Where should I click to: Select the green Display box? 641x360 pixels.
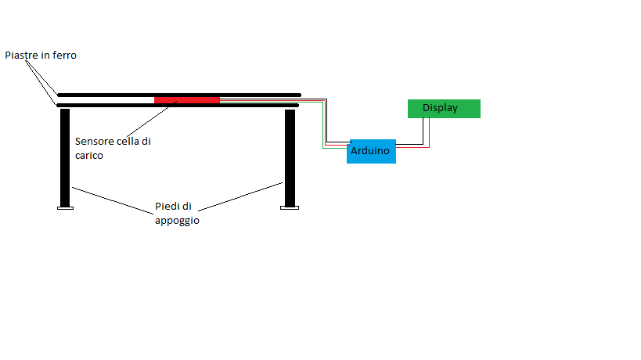click(x=444, y=109)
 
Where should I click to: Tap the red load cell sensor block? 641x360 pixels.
click(x=186, y=99)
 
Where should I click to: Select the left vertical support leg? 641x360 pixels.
click(x=65, y=157)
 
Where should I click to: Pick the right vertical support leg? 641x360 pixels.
click(x=290, y=157)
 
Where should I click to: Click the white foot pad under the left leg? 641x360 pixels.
click(x=65, y=208)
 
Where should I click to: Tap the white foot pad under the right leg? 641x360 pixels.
click(x=290, y=208)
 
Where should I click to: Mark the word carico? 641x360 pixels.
click(x=89, y=156)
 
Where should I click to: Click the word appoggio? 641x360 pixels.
click(x=177, y=221)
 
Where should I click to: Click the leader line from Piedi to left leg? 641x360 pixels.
click(x=113, y=198)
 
